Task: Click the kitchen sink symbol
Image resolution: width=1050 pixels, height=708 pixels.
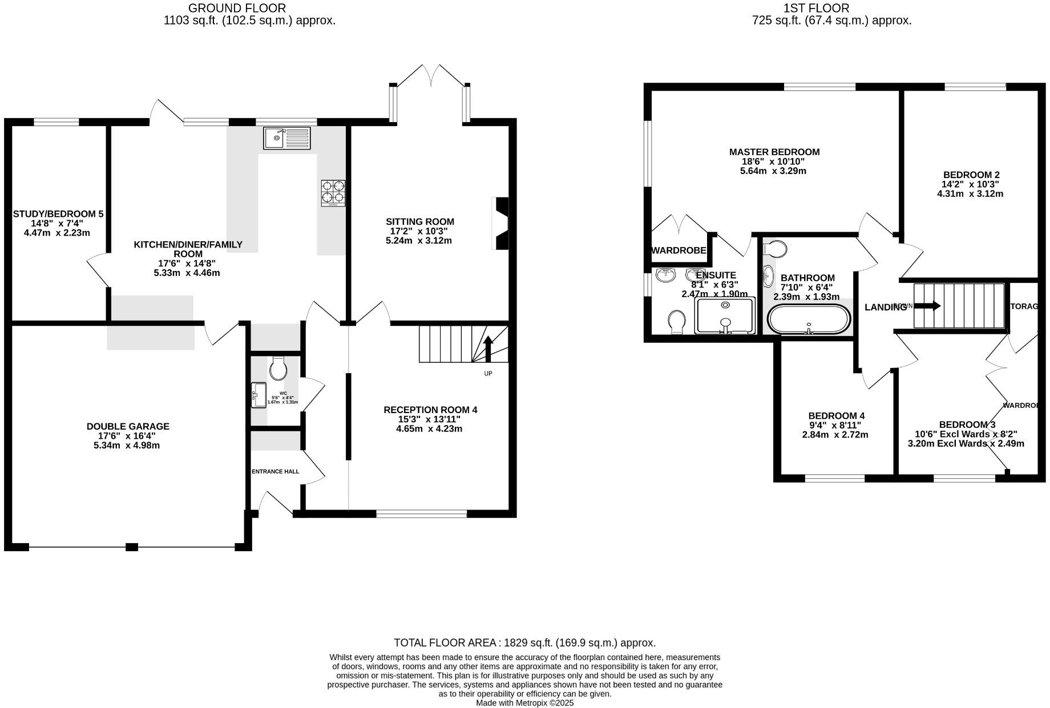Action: pyautogui.click(x=287, y=138)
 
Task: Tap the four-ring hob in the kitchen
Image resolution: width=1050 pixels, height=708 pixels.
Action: pyautogui.click(x=333, y=192)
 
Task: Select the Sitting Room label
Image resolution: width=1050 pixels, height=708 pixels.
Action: pyautogui.click(x=419, y=222)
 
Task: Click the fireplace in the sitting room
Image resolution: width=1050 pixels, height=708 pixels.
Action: pyautogui.click(x=500, y=224)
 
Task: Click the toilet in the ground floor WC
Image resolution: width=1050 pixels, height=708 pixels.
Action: pyautogui.click(x=278, y=369)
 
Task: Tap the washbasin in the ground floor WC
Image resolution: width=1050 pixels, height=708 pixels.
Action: pyautogui.click(x=258, y=395)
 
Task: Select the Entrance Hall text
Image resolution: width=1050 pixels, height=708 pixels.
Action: pyautogui.click(x=275, y=471)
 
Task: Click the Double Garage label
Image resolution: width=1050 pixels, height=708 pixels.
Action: pyautogui.click(x=128, y=426)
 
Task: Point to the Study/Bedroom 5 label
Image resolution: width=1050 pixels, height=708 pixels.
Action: pyautogui.click(x=58, y=214)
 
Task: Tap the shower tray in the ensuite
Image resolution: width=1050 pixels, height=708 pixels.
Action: pyautogui.click(x=725, y=315)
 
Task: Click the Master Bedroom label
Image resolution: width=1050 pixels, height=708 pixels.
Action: pyautogui.click(x=774, y=152)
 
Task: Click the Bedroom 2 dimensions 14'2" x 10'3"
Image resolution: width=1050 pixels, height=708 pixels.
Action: pyautogui.click(x=970, y=184)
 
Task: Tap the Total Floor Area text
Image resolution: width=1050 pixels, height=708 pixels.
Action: pyautogui.click(x=524, y=643)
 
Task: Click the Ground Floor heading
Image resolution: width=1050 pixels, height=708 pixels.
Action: pyautogui.click(x=237, y=8)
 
